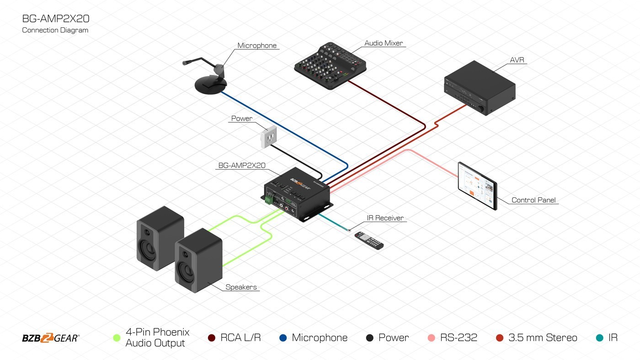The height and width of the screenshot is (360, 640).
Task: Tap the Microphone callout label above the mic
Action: point(257,46)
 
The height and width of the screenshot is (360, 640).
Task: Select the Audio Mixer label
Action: point(384,43)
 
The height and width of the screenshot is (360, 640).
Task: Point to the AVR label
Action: point(515,60)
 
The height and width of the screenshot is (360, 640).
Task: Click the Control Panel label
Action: point(533,200)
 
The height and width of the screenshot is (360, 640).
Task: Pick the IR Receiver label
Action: point(385,218)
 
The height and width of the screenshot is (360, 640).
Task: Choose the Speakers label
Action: point(241,287)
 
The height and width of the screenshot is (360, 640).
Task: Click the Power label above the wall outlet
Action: point(242,118)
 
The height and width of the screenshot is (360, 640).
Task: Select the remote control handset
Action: point(369,240)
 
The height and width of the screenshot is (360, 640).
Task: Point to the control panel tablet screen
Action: point(477,185)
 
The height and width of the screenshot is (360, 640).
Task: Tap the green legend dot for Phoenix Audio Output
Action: point(117,338)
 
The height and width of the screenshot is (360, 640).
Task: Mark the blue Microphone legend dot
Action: point(283,338)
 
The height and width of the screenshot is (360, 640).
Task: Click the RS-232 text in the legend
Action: point(459,338)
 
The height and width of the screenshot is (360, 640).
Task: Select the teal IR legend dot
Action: point(599,338)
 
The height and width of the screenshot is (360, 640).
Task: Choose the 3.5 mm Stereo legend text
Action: point(543,338)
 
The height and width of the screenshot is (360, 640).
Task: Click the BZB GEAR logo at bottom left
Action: point(51,338)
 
